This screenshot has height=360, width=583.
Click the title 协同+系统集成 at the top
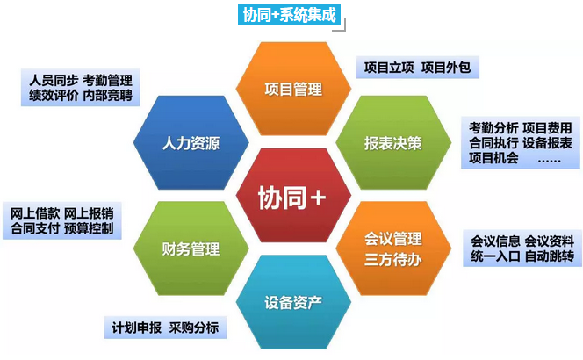(x=289, y=15)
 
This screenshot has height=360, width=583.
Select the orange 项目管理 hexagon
(x=293, y=89)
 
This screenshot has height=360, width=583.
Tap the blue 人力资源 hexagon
(x=191, y=143)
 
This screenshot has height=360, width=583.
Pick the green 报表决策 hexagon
(x=393, y=143)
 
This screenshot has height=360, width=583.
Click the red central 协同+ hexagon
(x=293, y=196)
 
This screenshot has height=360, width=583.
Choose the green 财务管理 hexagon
(x=191, y=248)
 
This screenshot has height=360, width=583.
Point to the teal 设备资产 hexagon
(x=293, y=302)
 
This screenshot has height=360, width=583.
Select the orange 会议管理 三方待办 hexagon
(x=393, y=248)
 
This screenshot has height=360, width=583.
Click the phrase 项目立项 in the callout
(x=389, y=68)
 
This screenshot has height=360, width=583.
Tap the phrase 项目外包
(x=446, y=68)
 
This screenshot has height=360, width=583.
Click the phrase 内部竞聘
(x=107, y=96)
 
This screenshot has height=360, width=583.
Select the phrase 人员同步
(x=54, y=80)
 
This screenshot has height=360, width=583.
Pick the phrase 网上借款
(x=35, y=213)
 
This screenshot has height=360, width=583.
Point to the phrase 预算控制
(x=89, y=228)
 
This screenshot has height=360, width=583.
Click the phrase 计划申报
(x=137, y=328)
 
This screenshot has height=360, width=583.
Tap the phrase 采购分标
(x=194, y=328)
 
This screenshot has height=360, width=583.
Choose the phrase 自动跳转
(x=550, y=256)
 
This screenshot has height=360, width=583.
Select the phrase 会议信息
(x=495, y=241)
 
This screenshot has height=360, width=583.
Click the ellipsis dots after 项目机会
(x=549, y=161)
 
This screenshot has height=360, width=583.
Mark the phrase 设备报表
(x=547, y=143)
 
